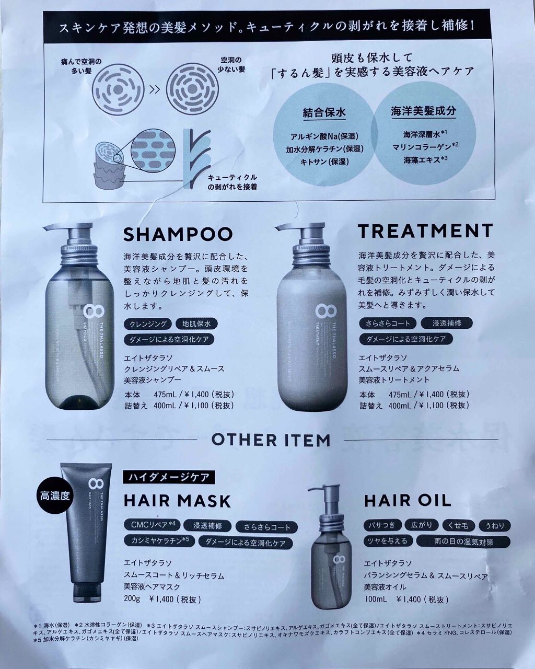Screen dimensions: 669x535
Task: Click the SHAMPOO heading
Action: (178, 234)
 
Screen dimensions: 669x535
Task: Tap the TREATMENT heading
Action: (425, 230)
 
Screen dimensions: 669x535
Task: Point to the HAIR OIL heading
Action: (408, 500)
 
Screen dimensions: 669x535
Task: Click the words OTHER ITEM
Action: (271, 440)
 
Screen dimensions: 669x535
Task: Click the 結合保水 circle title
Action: (324, 112)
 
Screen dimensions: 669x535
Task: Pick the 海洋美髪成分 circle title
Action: (423, 111)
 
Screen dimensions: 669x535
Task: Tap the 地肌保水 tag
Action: (196, 324)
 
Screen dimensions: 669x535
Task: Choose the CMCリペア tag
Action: (152, 525)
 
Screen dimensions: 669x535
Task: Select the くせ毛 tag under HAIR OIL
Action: (458, 524)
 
